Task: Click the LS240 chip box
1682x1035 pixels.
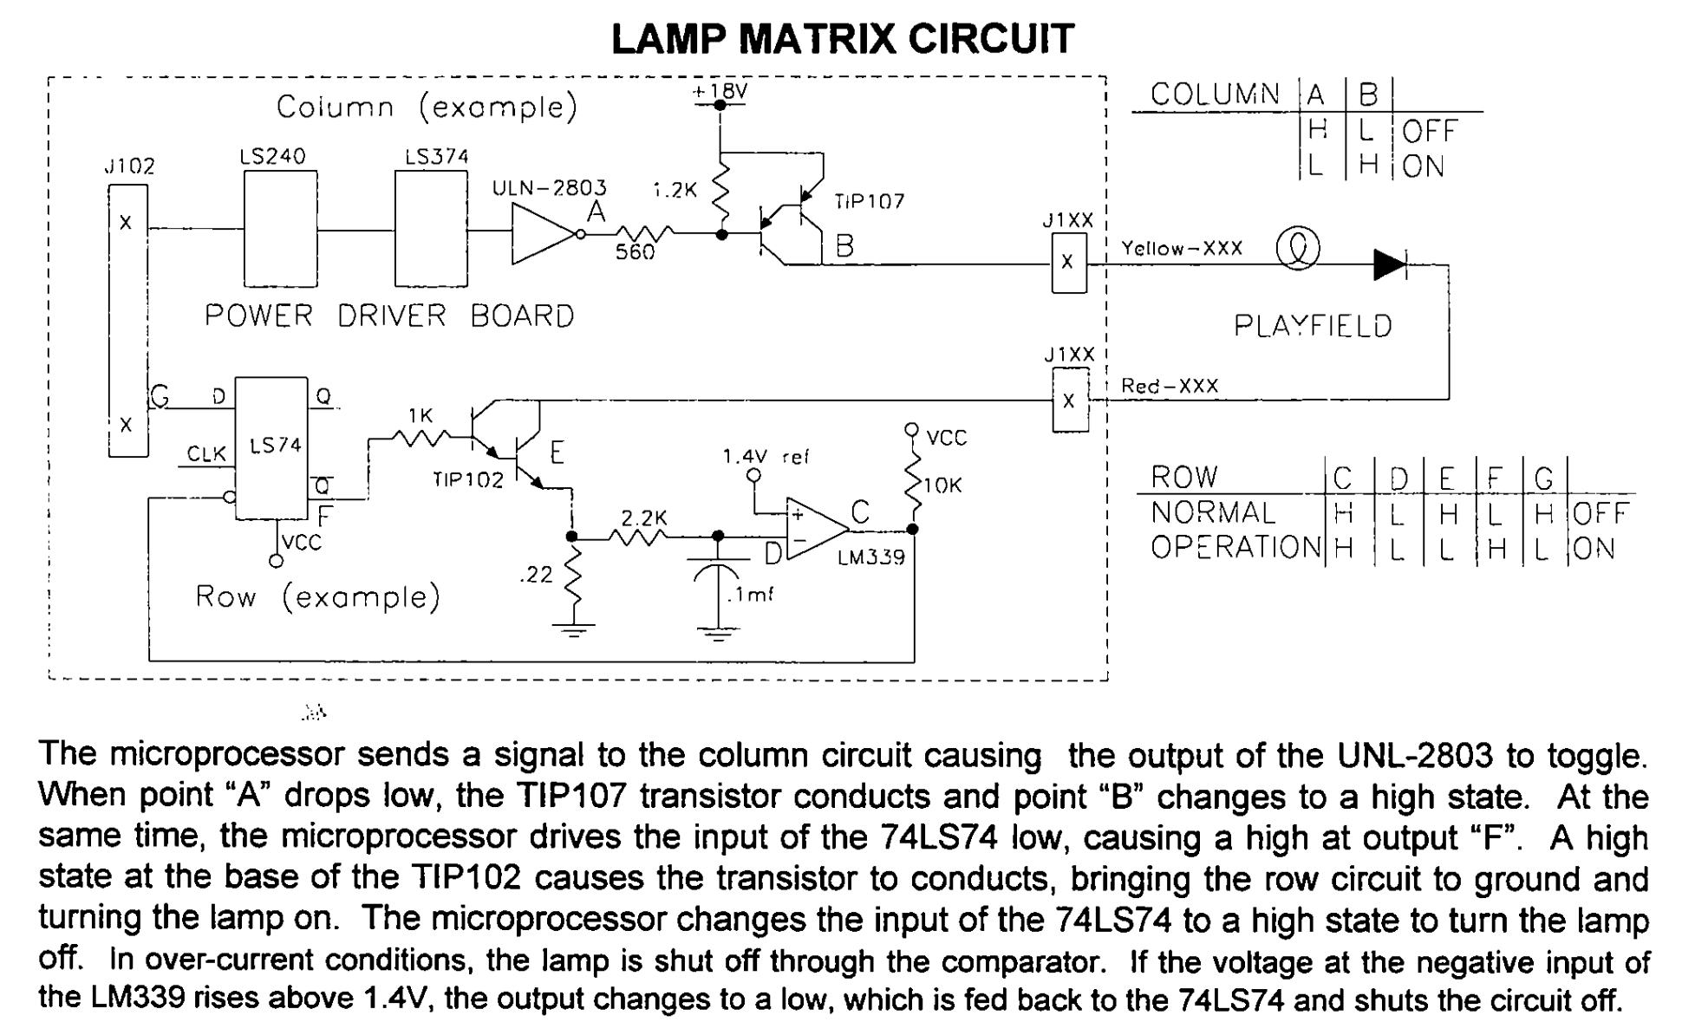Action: coord(280,229)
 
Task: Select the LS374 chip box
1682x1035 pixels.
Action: coord(431,229)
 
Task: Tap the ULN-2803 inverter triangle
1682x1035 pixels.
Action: coord(542,233)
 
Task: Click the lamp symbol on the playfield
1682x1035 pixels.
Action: coord(1298,249)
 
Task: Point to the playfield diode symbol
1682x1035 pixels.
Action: coord(1390,264)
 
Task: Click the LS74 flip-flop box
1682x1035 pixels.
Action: coord(271,447)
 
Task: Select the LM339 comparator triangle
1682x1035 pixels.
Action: coord(815,528)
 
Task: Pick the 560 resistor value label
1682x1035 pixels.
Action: coord(635,253)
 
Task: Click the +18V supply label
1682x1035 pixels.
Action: coord(719,91)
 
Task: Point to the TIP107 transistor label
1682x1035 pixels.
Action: coord(869,202)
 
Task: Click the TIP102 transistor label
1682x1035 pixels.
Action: coord(468,479)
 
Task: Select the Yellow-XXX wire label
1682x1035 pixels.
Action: coord(1182,249)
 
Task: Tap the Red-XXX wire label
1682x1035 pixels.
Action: coord(1170,386)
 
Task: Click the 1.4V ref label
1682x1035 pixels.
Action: coord(766,456)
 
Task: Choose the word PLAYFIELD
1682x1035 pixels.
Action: coord(1313,326)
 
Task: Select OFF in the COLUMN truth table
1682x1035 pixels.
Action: coord(1430,131)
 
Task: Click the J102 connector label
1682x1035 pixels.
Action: coord(129,166)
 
